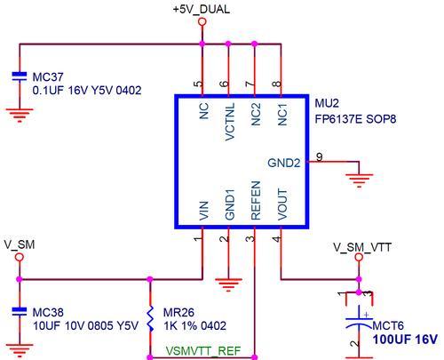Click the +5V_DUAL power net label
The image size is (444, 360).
(202, 10)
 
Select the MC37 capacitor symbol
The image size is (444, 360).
(20, 76)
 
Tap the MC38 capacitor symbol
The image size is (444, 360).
(20, 312)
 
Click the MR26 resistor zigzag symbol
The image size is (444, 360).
(150, 319)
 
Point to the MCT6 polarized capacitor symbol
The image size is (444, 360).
(359, 322)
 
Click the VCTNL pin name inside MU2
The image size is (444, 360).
(230, 122)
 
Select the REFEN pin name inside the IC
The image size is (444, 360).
(256, 200)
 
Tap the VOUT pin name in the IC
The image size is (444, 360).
(282, 204)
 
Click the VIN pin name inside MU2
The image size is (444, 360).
(203, 211)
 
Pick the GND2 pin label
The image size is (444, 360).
(283, 163)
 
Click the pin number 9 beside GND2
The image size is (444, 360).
(320, 156)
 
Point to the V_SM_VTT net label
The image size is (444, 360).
(362, 247)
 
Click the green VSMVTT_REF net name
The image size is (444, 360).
(203, 351)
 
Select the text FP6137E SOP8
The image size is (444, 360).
(355, 119)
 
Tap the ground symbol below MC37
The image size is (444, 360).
(20, 116)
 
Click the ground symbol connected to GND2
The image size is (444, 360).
(359, 180)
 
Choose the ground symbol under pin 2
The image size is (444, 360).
(228, 284)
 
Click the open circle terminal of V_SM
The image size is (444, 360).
(20, 257)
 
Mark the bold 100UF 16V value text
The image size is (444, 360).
(405, 340)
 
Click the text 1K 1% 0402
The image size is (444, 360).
(194, 326)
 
